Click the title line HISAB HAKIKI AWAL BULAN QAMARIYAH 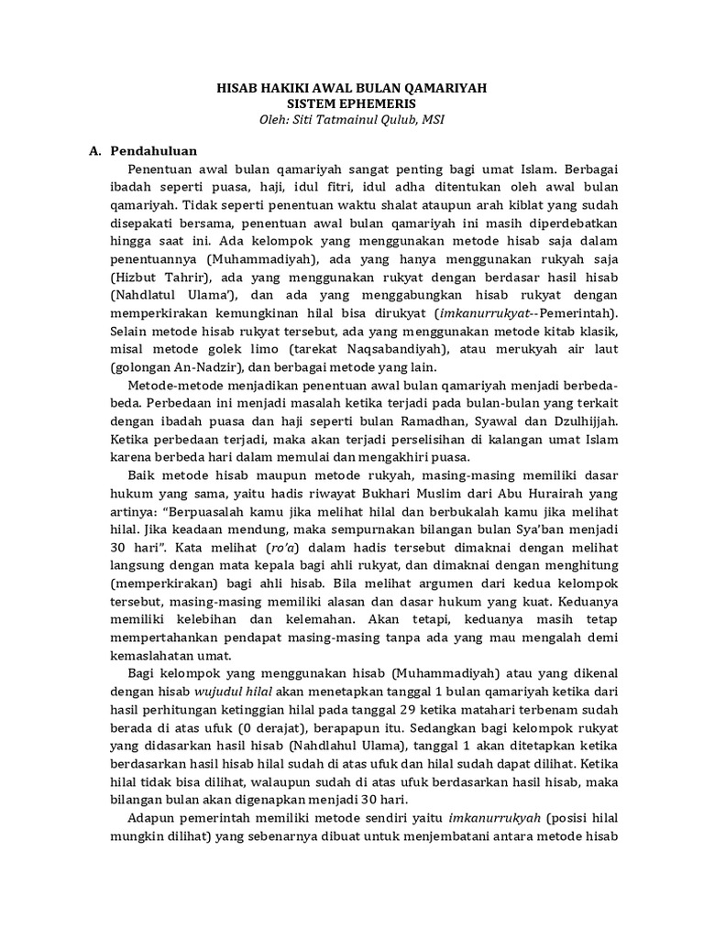(351, 88)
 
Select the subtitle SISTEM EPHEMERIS (352, 104)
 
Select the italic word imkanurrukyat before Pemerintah (467, 317)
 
